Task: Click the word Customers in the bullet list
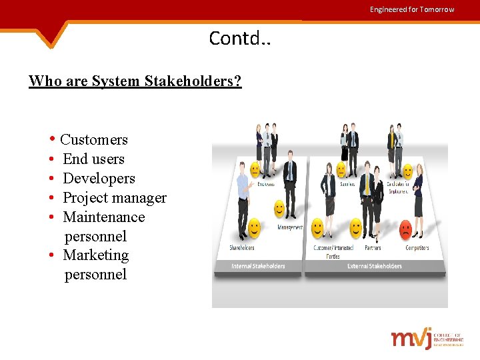coord(94,140)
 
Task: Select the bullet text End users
coord(93,159)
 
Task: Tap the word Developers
coord(99,179)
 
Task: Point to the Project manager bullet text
coord(115,198)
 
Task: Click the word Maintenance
coord(103,217)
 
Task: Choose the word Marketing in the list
coord(95,255)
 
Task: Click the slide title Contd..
coord(239,39)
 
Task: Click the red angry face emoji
coord(405,230)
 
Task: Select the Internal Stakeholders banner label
coord(258,266)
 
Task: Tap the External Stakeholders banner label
coord(375,266)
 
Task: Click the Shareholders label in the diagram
coord(242,248)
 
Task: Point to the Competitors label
coord(417,248)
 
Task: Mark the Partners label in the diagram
coord(373,248)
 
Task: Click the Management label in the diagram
coord(290,227)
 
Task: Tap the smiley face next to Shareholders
coord(254,229)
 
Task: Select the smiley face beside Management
coord(280,209)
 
